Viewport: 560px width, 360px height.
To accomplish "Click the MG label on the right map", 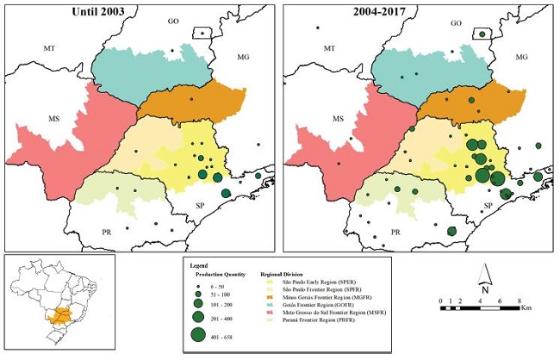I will tap(520, 56).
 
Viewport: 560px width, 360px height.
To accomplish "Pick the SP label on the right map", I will tap(487, 204).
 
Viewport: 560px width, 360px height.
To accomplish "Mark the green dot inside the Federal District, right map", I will tap(483, 34).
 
